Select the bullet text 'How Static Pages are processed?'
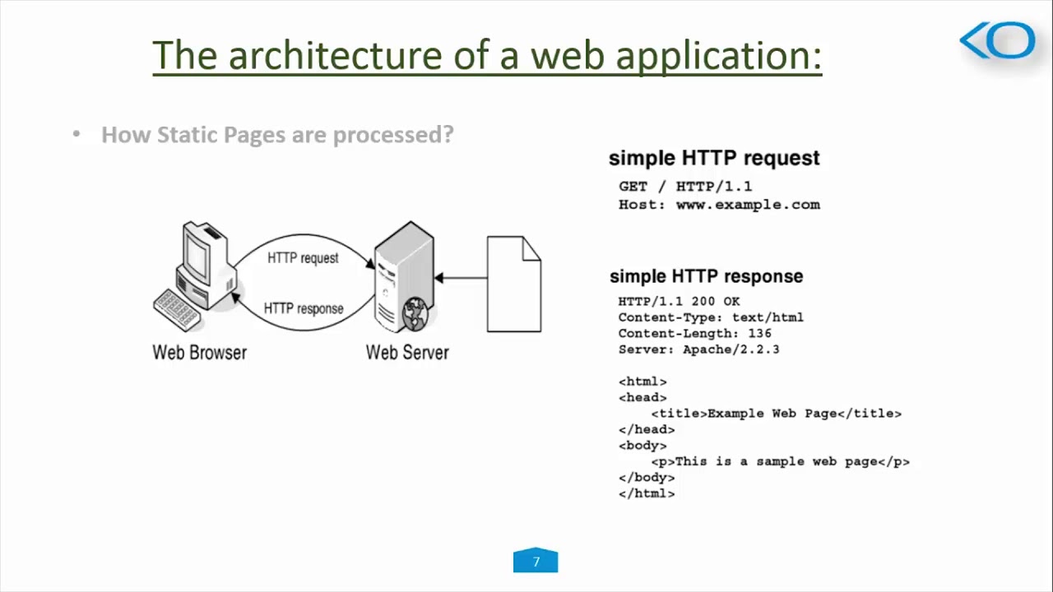click(277, 135)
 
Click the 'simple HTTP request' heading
click(714, 158)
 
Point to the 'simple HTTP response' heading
click(706, 276)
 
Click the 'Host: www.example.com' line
click(719, 205)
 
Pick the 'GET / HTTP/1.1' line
click(685, 187)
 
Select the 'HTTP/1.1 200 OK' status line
click(679, 302)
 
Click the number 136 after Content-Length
click(759, 334)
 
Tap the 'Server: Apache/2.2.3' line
click(698, 349)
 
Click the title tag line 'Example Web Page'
click(776, 414)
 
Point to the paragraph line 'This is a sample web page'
click(780, 462)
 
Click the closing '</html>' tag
click(647, 493)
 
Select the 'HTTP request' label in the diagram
click(303, 258)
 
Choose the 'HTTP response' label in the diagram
click(304, 309)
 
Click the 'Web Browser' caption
click(200, 353)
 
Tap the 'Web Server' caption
click(407, 353)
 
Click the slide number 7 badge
click(536, 562)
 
